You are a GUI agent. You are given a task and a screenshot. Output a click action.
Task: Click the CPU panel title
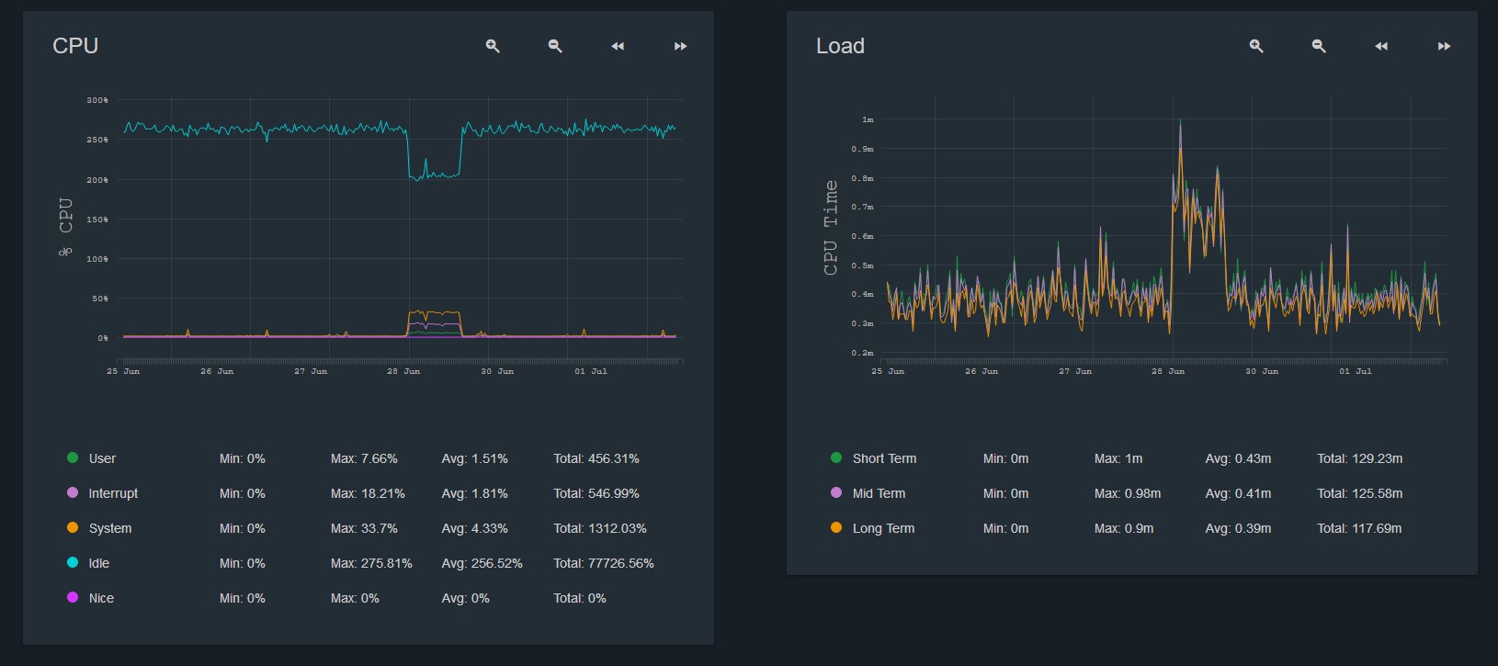pos(75,46)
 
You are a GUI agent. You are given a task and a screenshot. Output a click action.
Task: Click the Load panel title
pos(840,46)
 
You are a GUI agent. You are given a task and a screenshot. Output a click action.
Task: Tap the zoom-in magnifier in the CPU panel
pos(493,46)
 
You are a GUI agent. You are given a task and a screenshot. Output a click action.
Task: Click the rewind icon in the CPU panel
pos(618,46)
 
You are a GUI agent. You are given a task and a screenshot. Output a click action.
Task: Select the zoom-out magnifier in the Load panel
pos(1319,46)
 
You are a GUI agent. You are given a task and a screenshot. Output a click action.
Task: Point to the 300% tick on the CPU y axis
pos(97,100)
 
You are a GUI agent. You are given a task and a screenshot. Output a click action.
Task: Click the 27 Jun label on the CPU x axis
pos(311,371)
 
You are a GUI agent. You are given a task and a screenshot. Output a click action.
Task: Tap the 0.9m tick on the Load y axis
pos(862,149)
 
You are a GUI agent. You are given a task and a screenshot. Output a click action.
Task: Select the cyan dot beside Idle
pos(73,562)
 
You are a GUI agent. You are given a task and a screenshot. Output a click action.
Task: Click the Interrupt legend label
pos(113,493)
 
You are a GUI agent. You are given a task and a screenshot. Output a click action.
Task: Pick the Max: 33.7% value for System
pos(364,528)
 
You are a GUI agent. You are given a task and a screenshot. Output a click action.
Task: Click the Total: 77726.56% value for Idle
pos(603,563)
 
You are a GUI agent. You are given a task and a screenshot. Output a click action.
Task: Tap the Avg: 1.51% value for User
pos(474,458)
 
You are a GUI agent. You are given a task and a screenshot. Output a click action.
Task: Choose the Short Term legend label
pos(884,458)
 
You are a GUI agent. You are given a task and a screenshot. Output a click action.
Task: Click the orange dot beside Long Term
pos(836,527)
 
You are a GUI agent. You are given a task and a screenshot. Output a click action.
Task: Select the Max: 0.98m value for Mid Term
pos(1127,493)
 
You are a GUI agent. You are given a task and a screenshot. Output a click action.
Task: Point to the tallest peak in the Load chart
pos(1180,122)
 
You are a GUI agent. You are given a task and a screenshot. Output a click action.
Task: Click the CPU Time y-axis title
pos(831,228)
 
